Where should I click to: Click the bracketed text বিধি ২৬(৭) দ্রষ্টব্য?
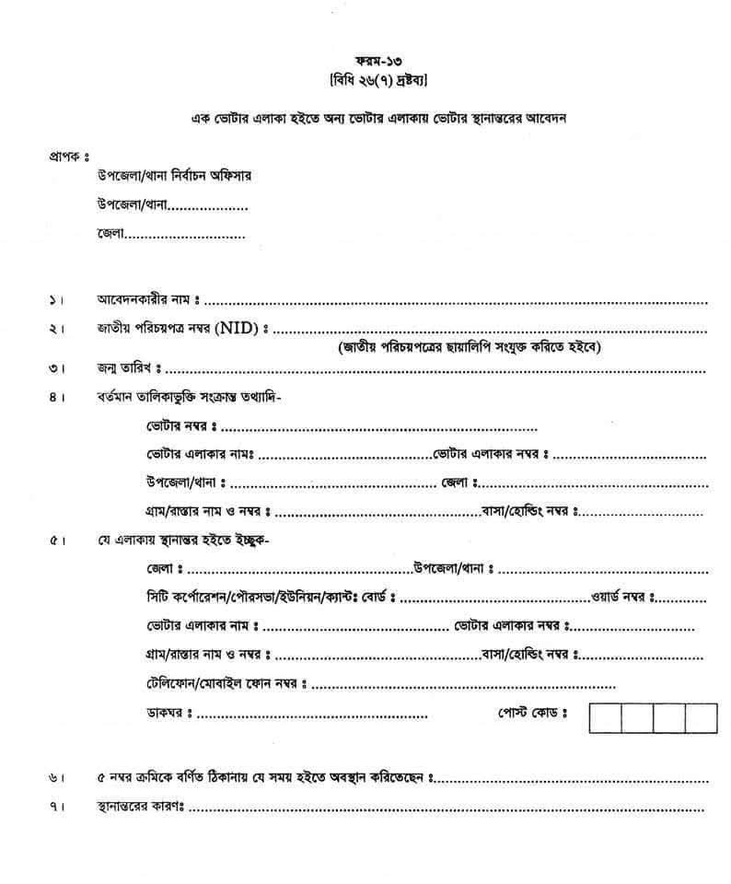366,81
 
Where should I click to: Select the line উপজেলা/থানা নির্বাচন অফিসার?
174,175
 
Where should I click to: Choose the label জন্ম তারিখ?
125,368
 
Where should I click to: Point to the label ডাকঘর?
166,713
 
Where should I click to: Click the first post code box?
604,717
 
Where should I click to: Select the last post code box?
701,717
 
